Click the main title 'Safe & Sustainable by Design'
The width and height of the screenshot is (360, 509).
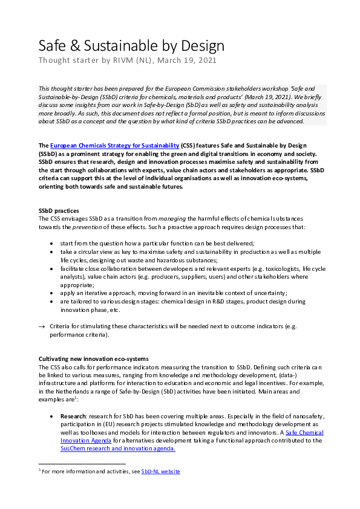[131, 45]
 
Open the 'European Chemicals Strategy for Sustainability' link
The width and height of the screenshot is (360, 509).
[114, 146]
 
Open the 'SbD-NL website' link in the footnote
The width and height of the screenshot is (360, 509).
[160, 471]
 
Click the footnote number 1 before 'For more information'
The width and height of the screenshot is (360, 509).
[39, 470]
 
